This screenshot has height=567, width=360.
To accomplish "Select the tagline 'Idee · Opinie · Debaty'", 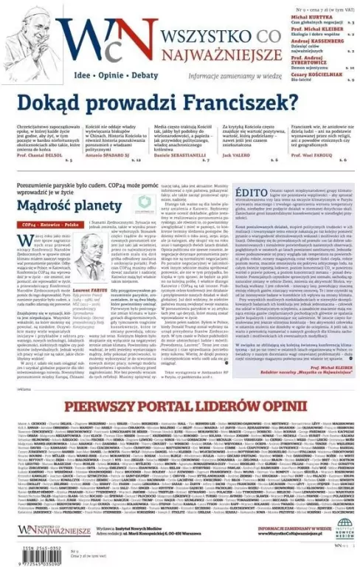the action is point(109,75).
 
